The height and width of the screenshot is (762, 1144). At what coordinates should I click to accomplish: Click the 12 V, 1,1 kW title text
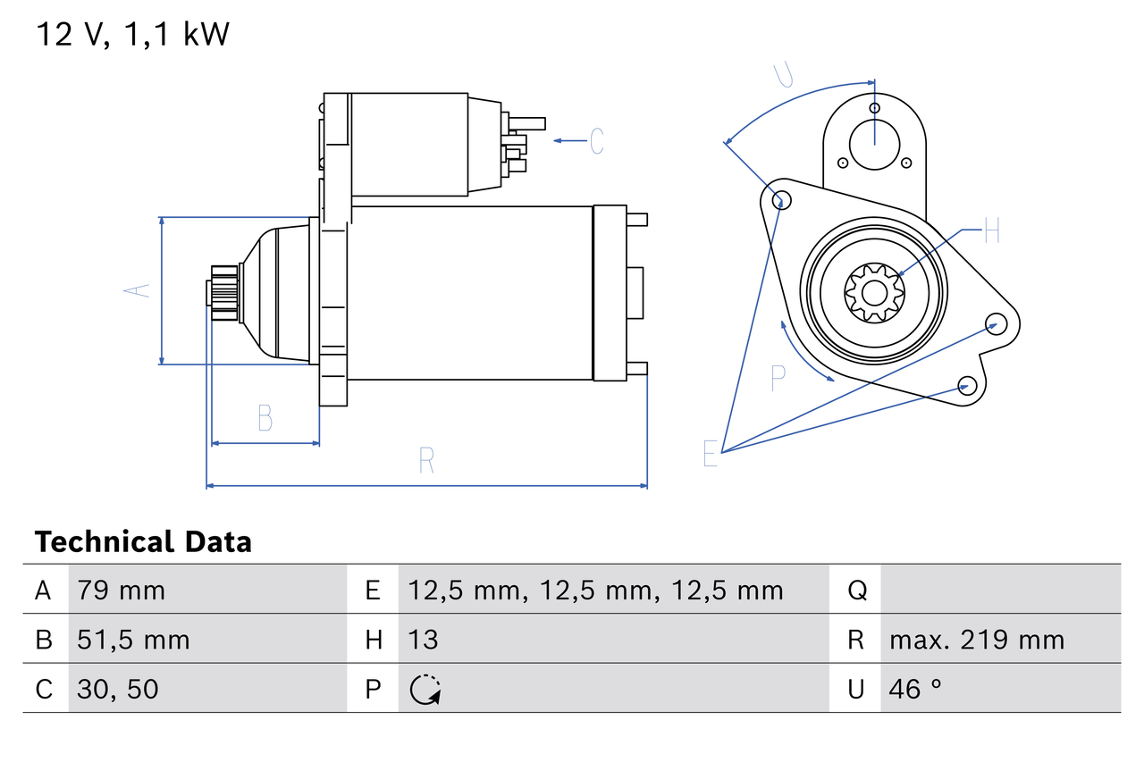(x=133, y=34)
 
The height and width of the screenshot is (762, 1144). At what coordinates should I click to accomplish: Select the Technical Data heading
(x=143, y=541)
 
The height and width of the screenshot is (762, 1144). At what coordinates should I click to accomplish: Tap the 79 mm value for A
(x=121, y=590)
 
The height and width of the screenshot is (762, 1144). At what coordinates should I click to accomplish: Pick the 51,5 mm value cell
(x=133, y=640)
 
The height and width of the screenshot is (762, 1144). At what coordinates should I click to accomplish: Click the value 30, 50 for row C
(x=118, y=689)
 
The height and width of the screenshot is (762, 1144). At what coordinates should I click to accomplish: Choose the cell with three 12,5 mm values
(x=595, y=590)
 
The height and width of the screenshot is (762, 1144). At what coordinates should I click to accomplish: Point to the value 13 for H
(x=423, y=640)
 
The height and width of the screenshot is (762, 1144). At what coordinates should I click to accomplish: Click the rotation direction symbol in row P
(x=425, y=690)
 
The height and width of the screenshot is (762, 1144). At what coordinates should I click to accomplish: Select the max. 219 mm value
(x=977, y=640)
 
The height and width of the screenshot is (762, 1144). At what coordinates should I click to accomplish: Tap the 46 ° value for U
(x=916, y=689)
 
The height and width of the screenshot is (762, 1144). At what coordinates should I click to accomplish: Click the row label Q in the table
(x=856, y=590)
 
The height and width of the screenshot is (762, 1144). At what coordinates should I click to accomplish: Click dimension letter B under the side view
(x=265, y=418)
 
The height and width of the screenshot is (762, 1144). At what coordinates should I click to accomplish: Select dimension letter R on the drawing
(x=426, y=461)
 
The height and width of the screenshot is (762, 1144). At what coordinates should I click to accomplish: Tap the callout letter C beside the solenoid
(x=597, y=141)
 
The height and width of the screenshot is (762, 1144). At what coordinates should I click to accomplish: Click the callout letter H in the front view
(x=991, y=233)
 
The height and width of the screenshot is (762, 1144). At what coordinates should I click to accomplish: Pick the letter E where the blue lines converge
(x=711, y=454)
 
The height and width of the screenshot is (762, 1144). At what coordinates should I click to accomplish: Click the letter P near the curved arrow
(x=778, y=379)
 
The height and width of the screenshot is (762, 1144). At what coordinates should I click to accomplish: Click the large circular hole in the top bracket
(x=873, y=143)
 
